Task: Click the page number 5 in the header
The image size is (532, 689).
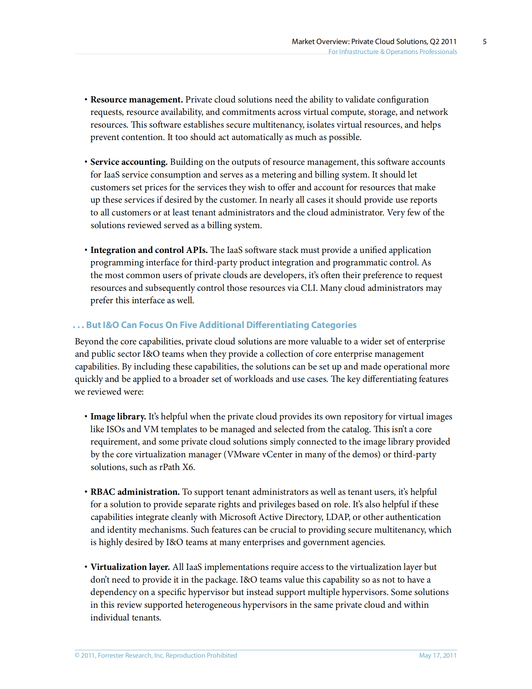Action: (x=484, y=42)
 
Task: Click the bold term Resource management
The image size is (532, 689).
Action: (x=136, y=100)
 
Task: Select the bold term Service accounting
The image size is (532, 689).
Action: (x=129, y=162)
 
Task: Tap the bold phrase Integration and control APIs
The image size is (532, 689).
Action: (x=149, y=250)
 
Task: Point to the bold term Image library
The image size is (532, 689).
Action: (x=118, y=416)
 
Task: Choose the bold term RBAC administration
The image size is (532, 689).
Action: (x=135, y=492)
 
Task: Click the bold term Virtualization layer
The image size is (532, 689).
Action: (x=130, y=567)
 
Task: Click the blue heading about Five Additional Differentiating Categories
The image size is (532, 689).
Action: (x=221, y=325)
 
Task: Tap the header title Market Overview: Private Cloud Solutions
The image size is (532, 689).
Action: (x=374, y=42)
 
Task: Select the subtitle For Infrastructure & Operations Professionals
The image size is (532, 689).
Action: (x=392, y=52)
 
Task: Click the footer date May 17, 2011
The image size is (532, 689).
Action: (x=437, y=655)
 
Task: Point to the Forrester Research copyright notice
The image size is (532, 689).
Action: (x=156, y=655)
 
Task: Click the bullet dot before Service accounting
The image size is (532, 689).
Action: (x=86, y=162)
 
